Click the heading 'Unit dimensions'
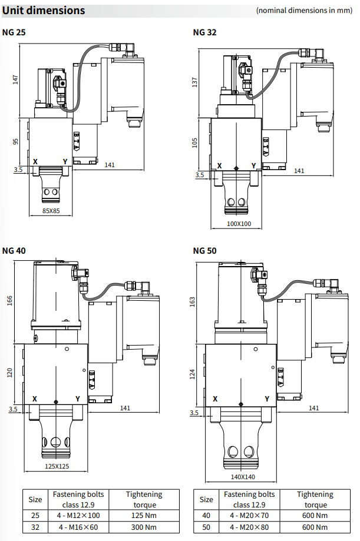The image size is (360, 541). [44, 11]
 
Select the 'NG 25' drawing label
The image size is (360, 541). [14, 32]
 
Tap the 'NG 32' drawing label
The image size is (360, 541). [204, 32]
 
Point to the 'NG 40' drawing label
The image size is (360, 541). [14, 250]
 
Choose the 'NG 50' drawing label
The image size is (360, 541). [204, 250]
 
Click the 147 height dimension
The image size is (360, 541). [16, 79]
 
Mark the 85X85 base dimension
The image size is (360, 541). [51, 210]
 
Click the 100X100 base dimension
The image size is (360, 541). [239, 224]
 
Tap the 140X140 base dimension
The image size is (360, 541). [242, 477]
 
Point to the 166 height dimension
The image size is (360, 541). [9, 300]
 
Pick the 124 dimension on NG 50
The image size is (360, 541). [193, 374]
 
